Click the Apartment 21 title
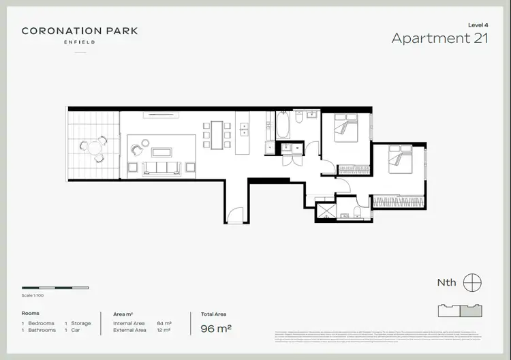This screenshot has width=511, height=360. [439, 38]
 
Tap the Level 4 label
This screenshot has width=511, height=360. [478, 25]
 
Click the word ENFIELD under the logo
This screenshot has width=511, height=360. [80, 42]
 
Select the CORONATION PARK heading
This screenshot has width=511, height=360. [80, 31]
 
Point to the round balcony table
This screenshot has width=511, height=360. [93, 147]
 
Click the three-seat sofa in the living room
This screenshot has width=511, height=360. [161, 168]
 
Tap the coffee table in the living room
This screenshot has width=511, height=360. [161, 151]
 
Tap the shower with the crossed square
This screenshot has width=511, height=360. [326, 211]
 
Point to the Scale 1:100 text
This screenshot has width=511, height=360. [33, 296]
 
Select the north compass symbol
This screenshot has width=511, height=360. [471, 282]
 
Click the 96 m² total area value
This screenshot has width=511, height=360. [216, 329]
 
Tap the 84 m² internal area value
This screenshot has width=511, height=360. [164, 322]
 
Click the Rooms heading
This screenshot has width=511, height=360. [31, 314]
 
